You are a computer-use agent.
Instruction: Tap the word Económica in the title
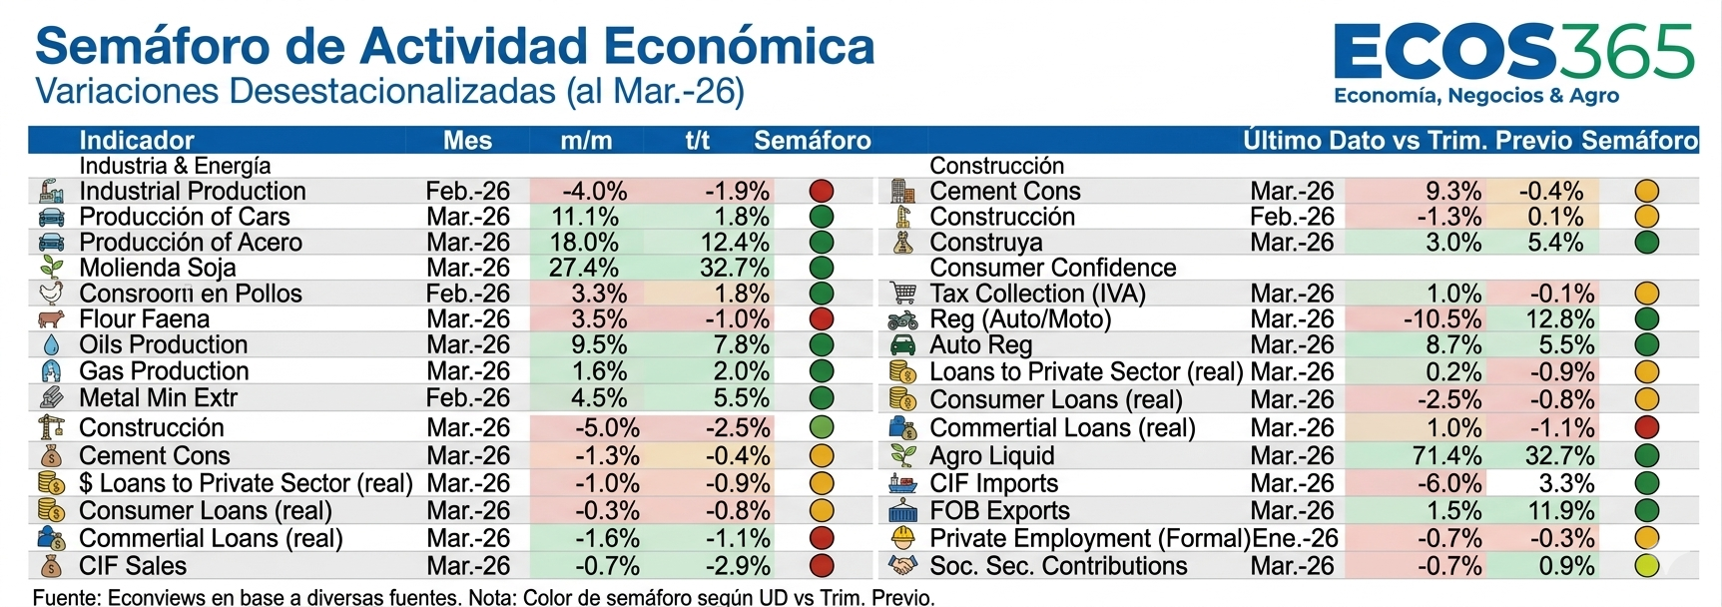pos(740,46)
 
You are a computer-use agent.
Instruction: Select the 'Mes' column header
pos(467,140)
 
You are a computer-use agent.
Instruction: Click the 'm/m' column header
pos(586,140)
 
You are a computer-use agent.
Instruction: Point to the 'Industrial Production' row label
pos(193,191)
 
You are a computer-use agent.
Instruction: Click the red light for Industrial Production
pos(821,191)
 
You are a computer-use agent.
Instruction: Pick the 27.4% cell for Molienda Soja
pos(584,268)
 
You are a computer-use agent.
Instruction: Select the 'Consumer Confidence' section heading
pos(1052,268)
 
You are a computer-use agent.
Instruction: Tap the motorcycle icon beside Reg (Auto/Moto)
pos(902,319)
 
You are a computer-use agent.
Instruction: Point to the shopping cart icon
pos(902,294)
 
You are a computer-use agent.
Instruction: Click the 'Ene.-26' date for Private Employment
pos(1295,538)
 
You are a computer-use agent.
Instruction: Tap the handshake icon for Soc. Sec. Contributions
pos(902,566)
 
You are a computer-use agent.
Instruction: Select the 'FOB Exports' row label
pos(999,511)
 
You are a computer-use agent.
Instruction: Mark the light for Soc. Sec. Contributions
pos(1646,566)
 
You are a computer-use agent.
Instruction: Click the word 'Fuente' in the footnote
pos(66,598)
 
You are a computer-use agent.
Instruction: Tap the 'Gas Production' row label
pos(164,371)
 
